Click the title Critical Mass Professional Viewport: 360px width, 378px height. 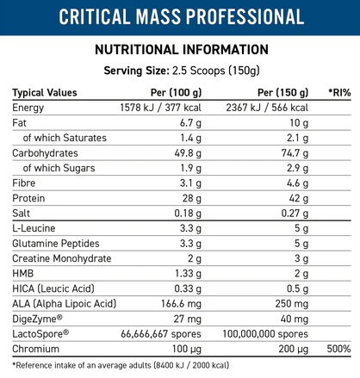coord(182,16)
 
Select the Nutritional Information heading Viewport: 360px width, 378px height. coord(182,49)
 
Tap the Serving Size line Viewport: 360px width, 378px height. coord(182,71)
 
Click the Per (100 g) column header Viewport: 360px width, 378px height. coord(176,92)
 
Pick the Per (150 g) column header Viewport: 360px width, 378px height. coord(282,92)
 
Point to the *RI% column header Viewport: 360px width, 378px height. coord(339,92)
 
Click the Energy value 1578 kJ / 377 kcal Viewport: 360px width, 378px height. coord(161,108)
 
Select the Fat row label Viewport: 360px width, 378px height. coord(19,123)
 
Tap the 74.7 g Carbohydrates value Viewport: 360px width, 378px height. coord(295,153)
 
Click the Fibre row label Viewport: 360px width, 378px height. coord(24,183)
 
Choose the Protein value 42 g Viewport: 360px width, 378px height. coord(299,198)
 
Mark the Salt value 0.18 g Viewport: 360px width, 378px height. coord(188,214)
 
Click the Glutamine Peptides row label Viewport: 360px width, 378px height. coord(56,244)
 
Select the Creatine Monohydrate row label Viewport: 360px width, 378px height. coord(62,258)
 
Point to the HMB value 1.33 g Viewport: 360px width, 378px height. coord(189,274)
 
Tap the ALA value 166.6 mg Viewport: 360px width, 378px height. coord(181,304)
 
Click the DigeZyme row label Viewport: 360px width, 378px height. coord(37,319)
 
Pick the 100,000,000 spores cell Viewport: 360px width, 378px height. coord(265,334)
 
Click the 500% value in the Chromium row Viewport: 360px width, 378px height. coord(338,349)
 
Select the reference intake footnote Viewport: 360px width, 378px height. coord(121,365)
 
